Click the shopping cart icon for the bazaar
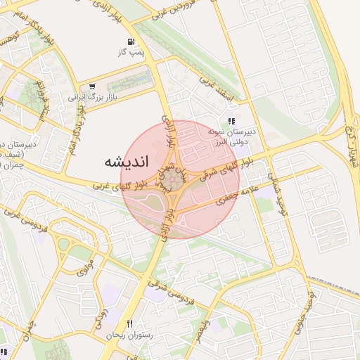[x=92, y=86]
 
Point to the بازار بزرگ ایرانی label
[x=91, y=97]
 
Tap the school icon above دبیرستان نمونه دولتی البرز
[x=231, y=121]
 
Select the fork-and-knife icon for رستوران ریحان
[x=129, y=323]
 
